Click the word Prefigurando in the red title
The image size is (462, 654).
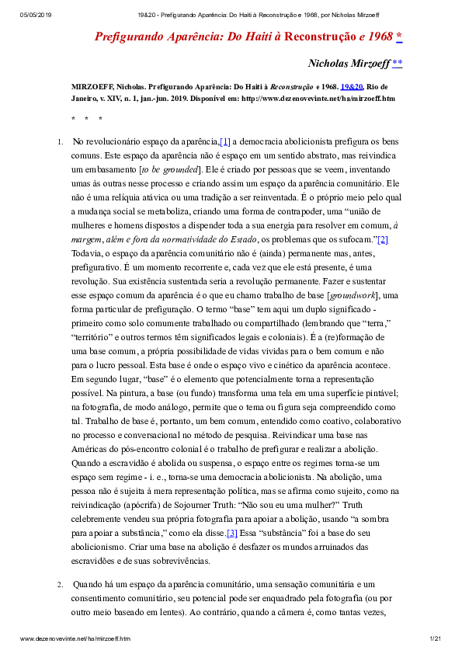pos(126,37)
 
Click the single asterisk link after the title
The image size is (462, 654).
pos(399,37)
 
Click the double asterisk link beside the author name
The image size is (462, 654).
pos(398,63)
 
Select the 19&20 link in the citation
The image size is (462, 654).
pos(351,88)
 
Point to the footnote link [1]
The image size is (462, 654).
pos(225,141)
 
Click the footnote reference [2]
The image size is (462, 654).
pos(382,239)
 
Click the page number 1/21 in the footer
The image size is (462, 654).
pos(435,638)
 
